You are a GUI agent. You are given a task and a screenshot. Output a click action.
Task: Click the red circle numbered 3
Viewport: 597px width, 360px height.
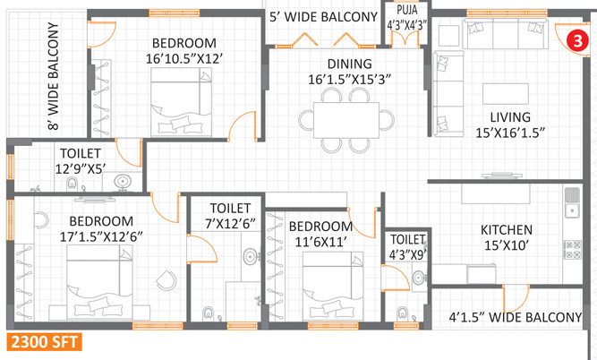577,40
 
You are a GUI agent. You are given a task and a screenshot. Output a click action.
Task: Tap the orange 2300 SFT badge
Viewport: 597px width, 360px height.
44,342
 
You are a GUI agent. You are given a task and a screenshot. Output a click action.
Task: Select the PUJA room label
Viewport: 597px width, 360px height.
407,10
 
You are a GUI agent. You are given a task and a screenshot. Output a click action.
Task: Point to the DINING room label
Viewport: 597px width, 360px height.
350,64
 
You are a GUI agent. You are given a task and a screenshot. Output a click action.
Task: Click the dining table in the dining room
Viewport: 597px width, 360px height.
346,120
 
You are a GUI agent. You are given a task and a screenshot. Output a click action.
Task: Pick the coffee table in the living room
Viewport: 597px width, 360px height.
506,94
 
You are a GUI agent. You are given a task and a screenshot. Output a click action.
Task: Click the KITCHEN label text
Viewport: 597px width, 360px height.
507,230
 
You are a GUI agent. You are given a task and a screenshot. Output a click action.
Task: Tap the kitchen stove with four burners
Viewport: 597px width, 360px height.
572,250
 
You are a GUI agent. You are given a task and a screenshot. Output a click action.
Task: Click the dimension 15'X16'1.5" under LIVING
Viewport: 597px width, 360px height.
510,133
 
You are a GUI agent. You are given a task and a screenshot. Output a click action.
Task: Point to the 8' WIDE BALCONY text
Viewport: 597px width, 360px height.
54,76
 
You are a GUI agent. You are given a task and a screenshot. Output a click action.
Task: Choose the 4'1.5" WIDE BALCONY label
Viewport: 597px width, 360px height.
516,317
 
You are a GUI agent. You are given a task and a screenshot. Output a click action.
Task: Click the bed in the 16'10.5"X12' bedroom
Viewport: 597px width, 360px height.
181,102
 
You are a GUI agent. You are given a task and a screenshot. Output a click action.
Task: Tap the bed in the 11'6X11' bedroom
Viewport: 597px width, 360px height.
332,286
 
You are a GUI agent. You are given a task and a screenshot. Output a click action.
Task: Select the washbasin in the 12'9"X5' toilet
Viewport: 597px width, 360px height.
122,181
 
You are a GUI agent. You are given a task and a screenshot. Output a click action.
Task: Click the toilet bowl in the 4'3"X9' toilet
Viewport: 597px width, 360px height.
403,313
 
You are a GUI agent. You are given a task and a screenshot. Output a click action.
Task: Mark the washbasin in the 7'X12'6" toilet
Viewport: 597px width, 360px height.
250,256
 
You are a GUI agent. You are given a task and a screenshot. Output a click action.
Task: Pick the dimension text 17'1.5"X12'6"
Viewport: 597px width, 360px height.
101,236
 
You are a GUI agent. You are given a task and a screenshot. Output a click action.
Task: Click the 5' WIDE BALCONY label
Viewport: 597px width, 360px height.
323,17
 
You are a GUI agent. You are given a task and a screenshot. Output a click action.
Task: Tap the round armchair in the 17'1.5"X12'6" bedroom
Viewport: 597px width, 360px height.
166,280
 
